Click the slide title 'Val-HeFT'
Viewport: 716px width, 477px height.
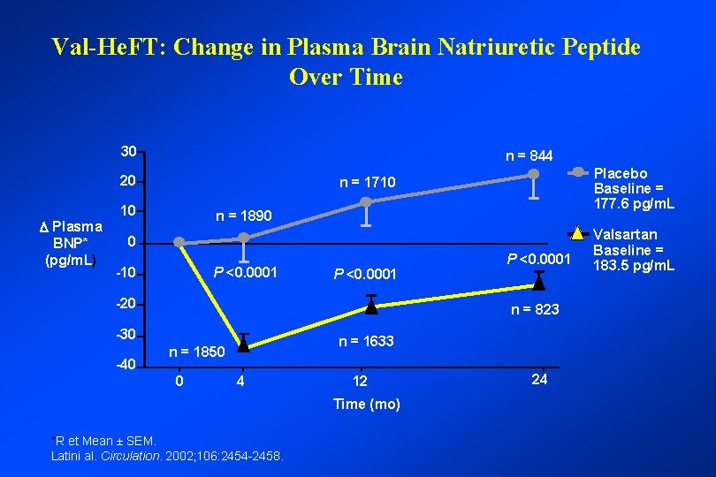point(346,60)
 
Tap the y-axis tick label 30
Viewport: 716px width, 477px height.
point(128,151)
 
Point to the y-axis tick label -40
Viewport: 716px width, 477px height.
point(126,364)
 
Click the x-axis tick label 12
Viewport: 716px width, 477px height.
point(359,382)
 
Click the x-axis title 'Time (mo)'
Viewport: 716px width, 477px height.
point(366,404)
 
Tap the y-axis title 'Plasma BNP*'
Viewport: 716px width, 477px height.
point(74,243)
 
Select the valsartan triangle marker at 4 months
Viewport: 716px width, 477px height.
point(243,344)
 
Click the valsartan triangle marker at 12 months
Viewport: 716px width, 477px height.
point(371,307)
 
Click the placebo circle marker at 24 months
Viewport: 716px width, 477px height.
point(533,174)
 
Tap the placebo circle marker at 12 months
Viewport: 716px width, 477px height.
point(366,202)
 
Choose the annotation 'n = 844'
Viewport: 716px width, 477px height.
point(529,156)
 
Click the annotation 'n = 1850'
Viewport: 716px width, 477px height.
point(197,352)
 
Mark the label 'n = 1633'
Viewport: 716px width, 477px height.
point(366,341)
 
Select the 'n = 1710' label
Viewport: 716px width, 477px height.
point(369,183)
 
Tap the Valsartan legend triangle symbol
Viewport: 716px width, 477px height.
point(576,234)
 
